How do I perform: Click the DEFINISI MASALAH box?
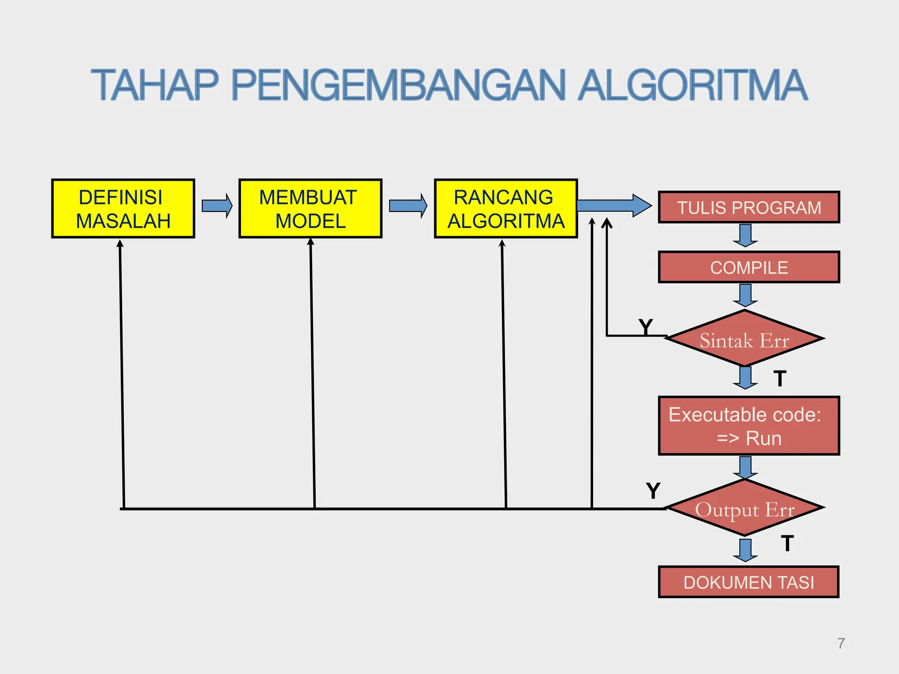tap(123, 208)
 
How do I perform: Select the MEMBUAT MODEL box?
tap(310, 208)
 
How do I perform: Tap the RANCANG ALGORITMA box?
tap(506, 208)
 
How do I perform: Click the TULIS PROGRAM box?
tap(749, 207)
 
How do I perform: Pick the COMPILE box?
tap(749, 267)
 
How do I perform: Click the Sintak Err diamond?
tap(744, 339)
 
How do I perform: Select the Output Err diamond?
tap(744, 508)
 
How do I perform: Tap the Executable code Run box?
tap(749, 426)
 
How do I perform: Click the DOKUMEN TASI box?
tap(749, 582)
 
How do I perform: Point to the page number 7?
tap(841, 643)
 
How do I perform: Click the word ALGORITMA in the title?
tap(692, 85)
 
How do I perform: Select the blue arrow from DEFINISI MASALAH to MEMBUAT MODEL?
tap(217, 205)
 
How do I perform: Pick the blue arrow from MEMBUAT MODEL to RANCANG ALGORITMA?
tap(408, 205)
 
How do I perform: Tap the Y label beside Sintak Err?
tap(646, 327)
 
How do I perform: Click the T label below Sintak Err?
tap(780, 379)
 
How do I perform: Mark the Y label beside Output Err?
tap(653, 491)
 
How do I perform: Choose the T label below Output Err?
tap(788, 544)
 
